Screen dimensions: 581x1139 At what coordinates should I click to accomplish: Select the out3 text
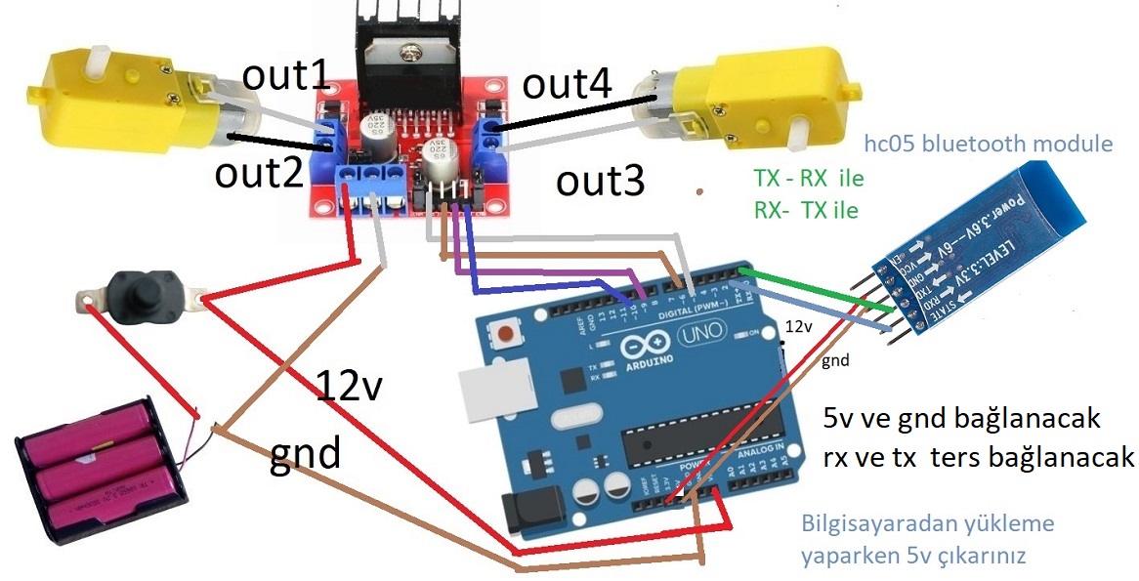[600, 181]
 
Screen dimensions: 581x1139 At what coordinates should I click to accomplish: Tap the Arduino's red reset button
[506, 336]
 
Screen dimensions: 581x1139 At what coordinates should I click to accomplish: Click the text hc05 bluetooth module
[989, 145]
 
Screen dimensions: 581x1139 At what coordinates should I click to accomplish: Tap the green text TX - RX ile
[809, 180]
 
